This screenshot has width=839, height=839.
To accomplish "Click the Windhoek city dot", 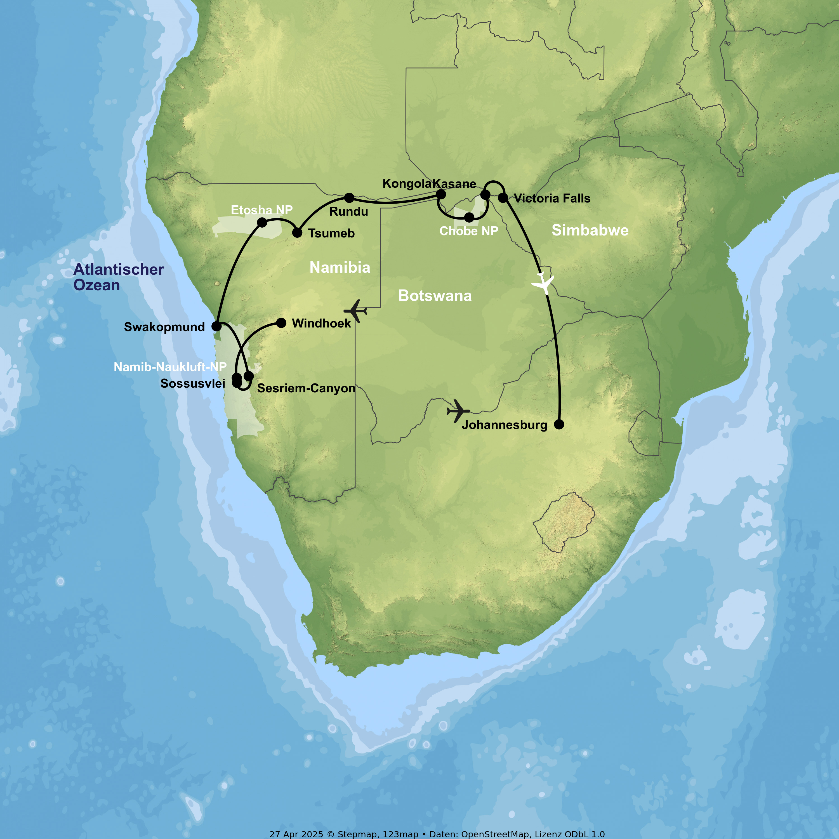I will pyautogui.click(x=281, y=323).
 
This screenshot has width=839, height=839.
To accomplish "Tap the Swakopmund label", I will pyautogui.click(x=164, y=327).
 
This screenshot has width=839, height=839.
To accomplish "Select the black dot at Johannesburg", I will pyautogui.click(x=559, y=424).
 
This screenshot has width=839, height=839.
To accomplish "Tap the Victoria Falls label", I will pyautogui.click(x=552, y=199).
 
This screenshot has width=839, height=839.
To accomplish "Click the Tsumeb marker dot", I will pyautogui.click(x=297, y=233).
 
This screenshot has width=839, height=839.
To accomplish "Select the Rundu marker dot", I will pyautogui.click(x=349, y=198).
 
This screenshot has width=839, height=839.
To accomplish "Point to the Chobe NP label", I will pyautogui.click(x=468, y=231).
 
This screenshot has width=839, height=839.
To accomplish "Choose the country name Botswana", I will pyautogui.click(x=435, y=296).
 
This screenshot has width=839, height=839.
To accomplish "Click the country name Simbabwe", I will pyautogui.click(x=590, y=230).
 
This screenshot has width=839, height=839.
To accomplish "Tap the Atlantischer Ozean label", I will pyautogui.click(x=118, y=277).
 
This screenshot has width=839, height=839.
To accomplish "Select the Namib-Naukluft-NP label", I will pyautogui.click(x=170, y=367).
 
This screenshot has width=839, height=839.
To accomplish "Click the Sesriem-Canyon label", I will pyautogui.click(x=306, y=388).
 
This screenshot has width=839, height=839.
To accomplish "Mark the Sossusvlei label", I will pyautogui.click(x=193, y=383).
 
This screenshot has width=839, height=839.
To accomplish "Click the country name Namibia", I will pyautogui.click(x=340, y=268).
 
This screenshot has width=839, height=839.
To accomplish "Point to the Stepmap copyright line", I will pyautogui.click(x=437, y=834).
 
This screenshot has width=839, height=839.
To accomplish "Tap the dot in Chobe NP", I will pyautogui.click(x=469, y=217).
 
